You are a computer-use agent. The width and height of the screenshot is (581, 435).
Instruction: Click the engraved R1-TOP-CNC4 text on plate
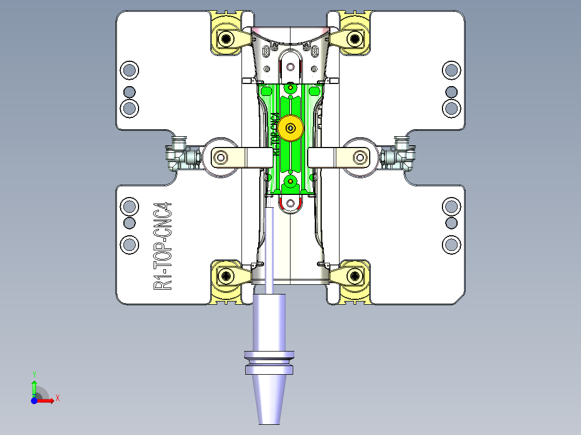[x=162, y=247]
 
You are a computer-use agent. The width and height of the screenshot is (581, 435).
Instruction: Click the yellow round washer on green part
[x=291, y=128]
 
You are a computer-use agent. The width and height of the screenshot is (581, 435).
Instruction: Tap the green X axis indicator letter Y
[x=34, y=374]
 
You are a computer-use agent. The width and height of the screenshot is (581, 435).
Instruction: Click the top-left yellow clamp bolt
[x=225, y=38]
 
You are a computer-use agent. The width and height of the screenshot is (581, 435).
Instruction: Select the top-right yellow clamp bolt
[x=355, y=38]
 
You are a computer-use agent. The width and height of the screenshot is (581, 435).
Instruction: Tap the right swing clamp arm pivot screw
[x=360, y=157]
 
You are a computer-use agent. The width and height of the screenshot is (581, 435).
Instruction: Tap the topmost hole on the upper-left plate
[x=129, y=70]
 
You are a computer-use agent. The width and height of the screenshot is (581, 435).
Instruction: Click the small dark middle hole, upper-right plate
[x=452, y=92]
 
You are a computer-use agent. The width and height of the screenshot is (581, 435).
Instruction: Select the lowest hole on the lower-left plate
[x=129, y=244]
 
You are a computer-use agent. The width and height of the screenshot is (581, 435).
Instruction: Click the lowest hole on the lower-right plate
[x=452, y=244]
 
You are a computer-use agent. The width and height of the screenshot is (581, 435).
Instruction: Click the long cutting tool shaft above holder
[x=269, y=248]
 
